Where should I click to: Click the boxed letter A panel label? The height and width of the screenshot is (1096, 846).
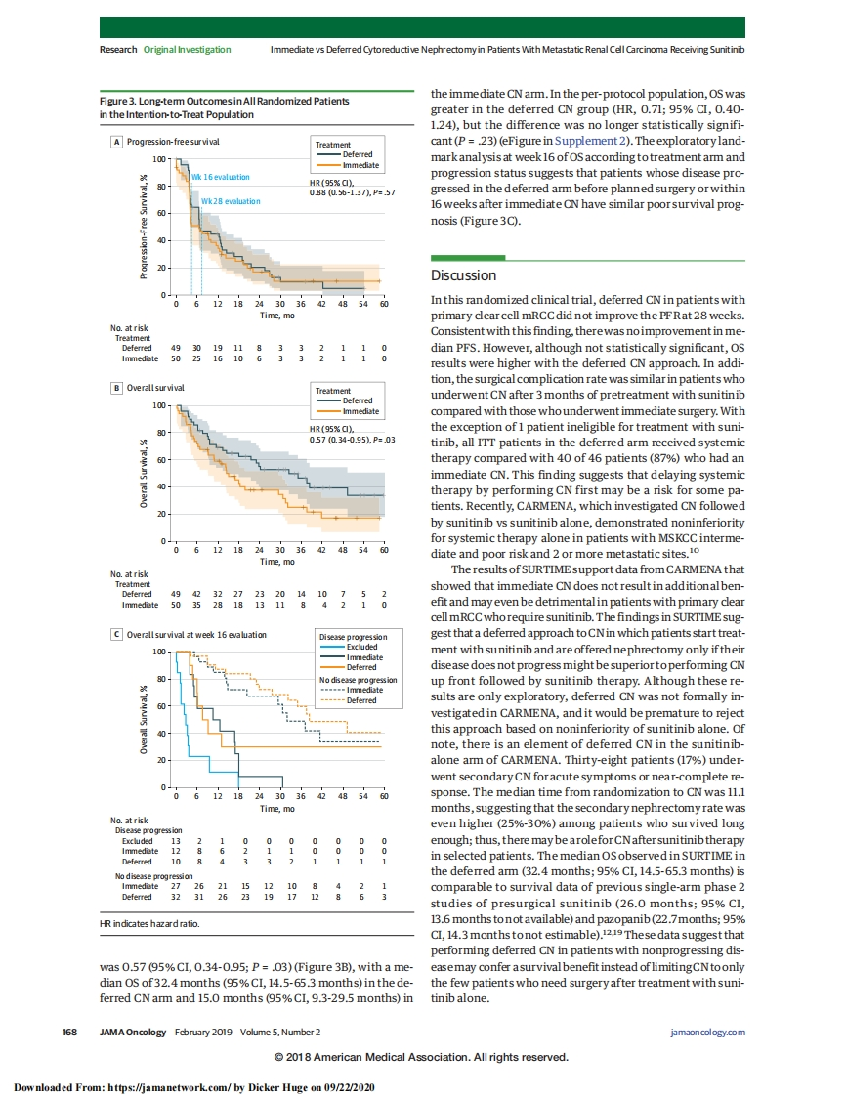pyautogui.click(x=117, y=142)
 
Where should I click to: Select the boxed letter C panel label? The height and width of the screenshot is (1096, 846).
pyautogui.click(x=117, y=634)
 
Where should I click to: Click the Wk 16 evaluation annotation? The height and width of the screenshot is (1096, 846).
pyautogui.click(x=221, y=177)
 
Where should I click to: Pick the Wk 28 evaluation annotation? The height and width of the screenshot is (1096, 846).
pyautogui.click(x=231, y=201)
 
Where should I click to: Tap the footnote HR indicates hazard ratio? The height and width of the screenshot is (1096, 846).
pyautogui.click(x=150, y=922)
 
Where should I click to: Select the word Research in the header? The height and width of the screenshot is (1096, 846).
pyautogui.click(x=118, y=49)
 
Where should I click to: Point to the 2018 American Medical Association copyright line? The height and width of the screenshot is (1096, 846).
pyautogui.click(x=422, y=1057)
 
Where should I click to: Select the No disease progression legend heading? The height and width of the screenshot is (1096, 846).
pyautogui.click(x=359, y=680)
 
